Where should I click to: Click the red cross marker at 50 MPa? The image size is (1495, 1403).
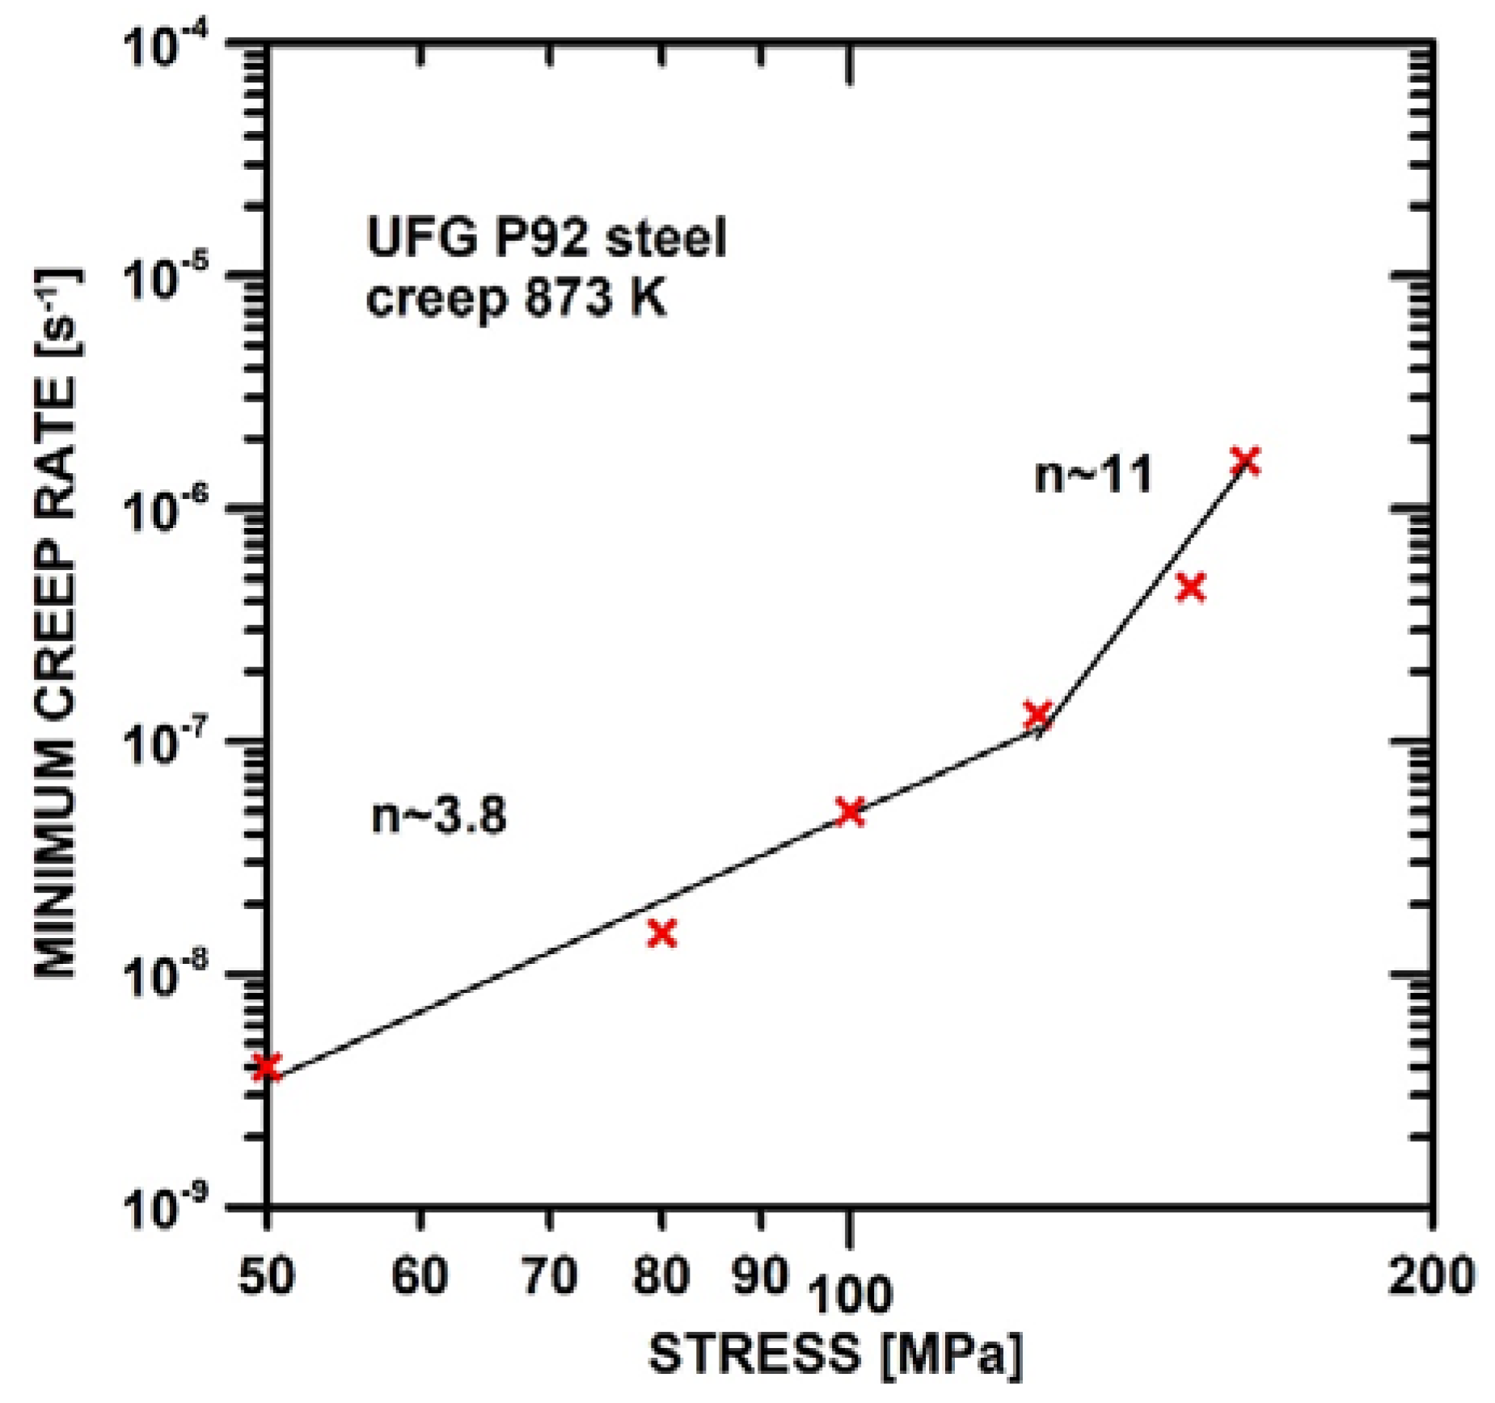pos(267,1067)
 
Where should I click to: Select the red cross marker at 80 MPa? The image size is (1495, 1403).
pos(662,933)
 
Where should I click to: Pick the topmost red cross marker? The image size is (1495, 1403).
pos(1245,461)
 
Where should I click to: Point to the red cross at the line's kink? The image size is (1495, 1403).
pos(1037,714)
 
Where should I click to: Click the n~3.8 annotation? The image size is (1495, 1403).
pos(438,815)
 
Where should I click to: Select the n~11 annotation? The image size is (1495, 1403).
pos(1093,475)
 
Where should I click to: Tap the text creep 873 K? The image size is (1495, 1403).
pos(516,299)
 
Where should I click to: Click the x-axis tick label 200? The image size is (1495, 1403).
pos(1432,1276)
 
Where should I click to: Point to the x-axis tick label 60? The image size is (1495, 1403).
pos(419,1276)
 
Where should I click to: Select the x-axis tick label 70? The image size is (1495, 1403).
pos(550,1276)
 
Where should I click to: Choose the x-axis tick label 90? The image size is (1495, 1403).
pos(759,1276)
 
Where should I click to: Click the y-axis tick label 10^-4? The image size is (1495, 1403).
pos(167,46)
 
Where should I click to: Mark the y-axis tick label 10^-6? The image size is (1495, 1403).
pos(167,511)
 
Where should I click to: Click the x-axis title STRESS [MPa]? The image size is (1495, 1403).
pos(835,1354)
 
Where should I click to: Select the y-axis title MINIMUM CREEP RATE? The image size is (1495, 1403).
pos(57,623)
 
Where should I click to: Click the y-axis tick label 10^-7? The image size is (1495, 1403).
pos(167,744)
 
